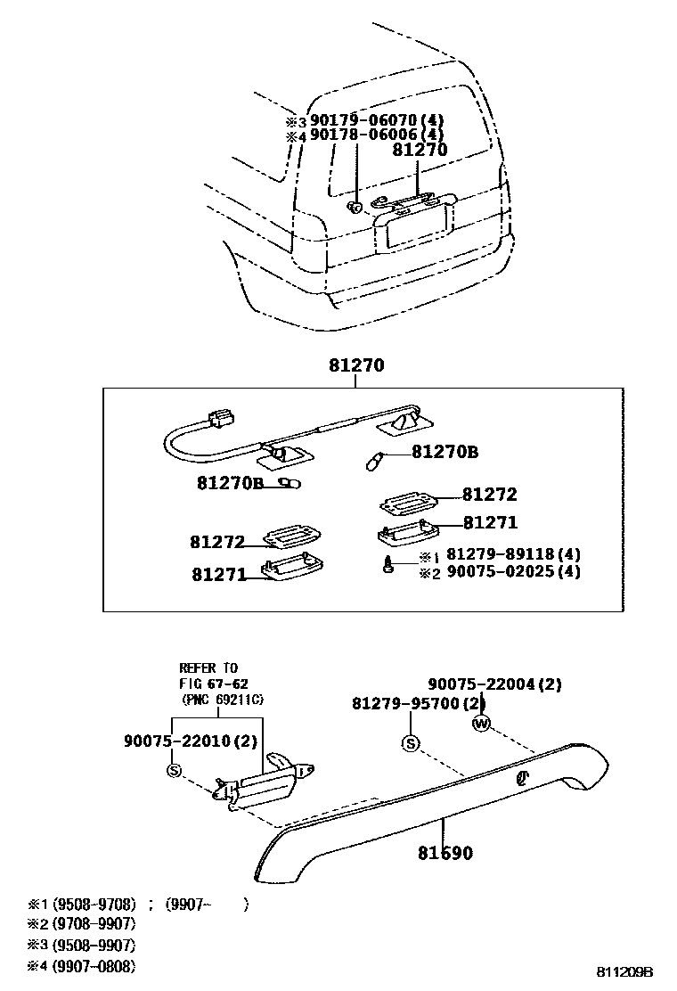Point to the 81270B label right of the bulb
coord(445,453)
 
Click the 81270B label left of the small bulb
coord(230,483)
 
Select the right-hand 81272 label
coord(489,495)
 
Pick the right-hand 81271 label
coord(489,523)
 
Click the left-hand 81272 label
coord(216,542)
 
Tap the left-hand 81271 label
coord(217,575)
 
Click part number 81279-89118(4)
coord(512,554)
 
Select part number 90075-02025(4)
coord(512,571)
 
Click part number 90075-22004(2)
coord(494,684)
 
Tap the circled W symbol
coord(482,724)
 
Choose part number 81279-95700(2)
coord(418,703)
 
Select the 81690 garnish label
coord(445,853)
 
